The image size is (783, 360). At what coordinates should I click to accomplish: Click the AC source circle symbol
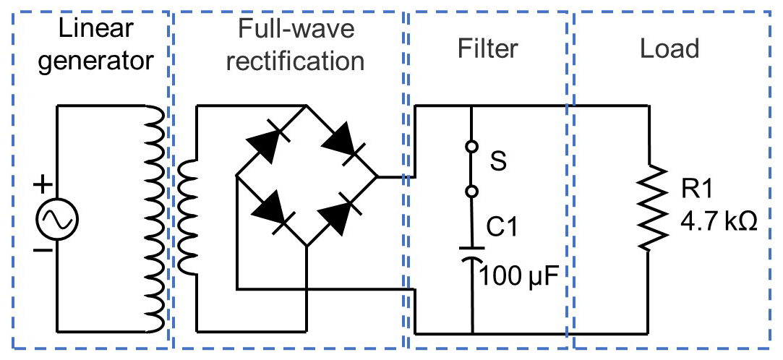[x=56, y=217]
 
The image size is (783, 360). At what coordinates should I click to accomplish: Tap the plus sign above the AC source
[x=44, y=186]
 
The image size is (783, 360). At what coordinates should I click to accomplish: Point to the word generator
[x=96, y=61]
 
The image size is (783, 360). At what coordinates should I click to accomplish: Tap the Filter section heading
[x=488, y=48]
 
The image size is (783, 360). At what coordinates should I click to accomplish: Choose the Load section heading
[x=670, y=48]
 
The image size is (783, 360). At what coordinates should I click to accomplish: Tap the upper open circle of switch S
[x=471, y=147]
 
